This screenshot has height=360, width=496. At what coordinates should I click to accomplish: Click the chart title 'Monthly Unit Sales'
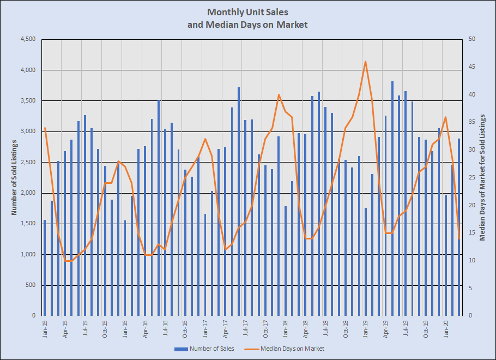point(247,11)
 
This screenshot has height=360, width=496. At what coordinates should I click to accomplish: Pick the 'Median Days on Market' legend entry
point(292,349)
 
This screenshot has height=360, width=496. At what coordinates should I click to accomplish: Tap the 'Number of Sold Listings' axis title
point(15,177)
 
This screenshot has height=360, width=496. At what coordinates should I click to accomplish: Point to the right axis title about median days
point(482,177)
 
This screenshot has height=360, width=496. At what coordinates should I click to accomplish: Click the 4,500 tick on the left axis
point(27,39)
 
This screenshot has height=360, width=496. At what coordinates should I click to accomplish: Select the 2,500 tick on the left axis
point(27,162)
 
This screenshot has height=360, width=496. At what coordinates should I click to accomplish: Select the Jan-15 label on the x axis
point(45,329)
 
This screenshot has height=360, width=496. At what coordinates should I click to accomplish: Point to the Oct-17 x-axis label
point(265,329)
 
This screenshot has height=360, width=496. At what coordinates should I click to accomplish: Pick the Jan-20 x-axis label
point(446,329)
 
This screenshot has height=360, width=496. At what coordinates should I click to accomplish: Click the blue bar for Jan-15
point(45,267)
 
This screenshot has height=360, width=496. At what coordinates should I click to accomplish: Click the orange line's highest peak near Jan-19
point(365,62)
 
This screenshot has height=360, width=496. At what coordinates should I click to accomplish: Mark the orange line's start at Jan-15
point(45,128)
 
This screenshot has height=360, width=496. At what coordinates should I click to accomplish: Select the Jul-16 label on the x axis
point(165,329)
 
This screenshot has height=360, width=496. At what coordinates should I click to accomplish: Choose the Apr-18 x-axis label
point(306,329)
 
